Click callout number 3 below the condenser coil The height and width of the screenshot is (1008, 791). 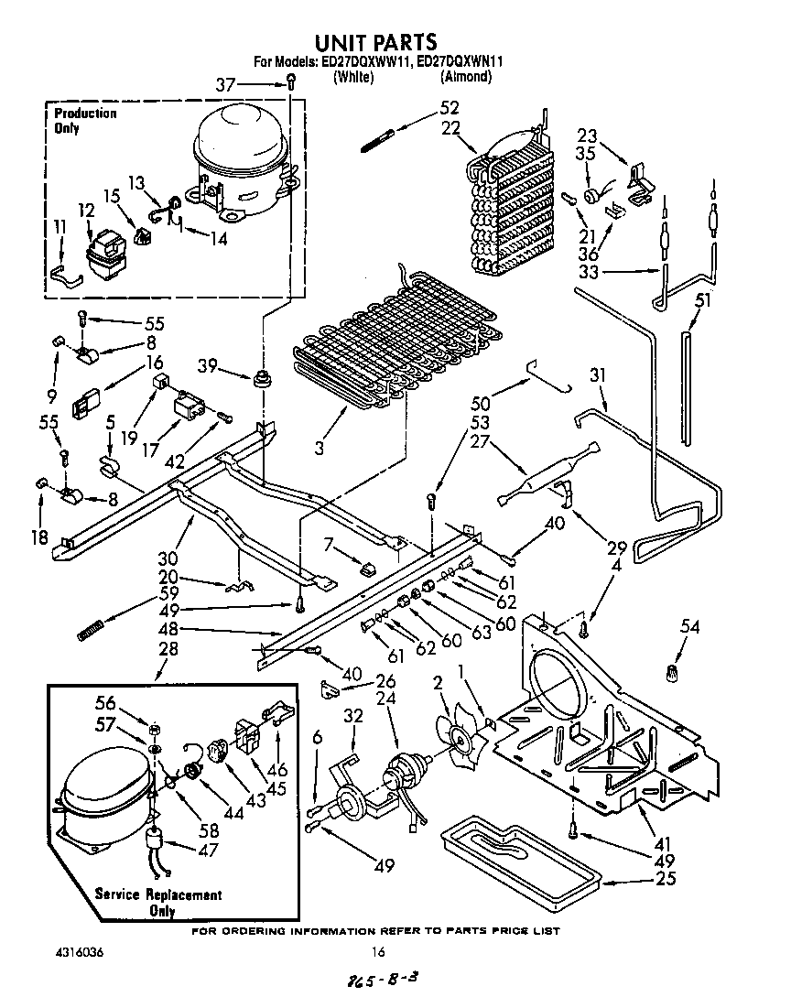pos(320,449)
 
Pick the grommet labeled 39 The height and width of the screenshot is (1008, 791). pos(263,378)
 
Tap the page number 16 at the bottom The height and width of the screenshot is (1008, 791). pos(376,952)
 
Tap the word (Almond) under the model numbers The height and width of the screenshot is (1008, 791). pos(466,77)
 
